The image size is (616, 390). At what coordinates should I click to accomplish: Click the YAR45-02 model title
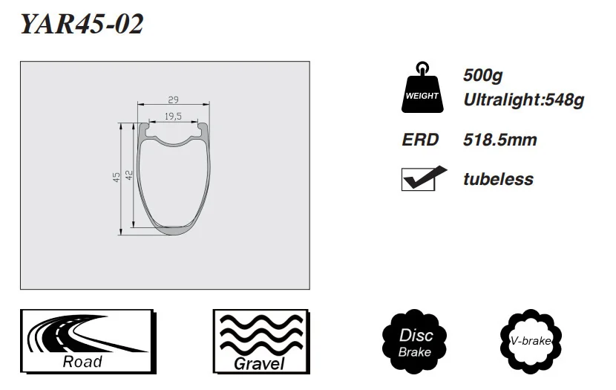[x=82, y=25]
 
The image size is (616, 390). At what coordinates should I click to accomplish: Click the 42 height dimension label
[x=128, y=175]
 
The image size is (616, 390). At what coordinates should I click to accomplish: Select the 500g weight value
[x=483, y=76]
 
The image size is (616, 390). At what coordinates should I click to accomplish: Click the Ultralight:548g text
[x=524, y=100]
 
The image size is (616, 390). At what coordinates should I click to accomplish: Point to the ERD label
[x=420, y=140]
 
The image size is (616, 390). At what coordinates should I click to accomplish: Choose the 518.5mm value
[x=499, y=140]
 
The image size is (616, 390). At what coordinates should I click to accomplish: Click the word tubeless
[x=498, y=179]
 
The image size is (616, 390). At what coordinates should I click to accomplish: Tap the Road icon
[x=86, y=341]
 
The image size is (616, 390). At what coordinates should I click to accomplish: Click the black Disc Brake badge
[x=415, y=341]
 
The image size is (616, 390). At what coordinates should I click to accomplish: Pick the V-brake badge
[x=530, y=341]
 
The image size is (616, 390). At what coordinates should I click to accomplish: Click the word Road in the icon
[x=82, y=362]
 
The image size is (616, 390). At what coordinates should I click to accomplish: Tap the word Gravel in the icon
[x=259, y=363]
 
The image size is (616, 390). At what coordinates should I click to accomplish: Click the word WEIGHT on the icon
[x=422, y=97]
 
